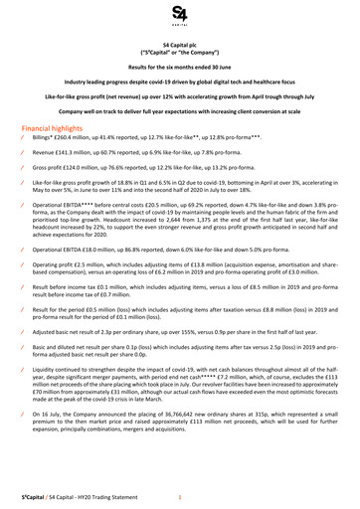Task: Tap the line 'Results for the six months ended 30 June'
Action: pos(179,65)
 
